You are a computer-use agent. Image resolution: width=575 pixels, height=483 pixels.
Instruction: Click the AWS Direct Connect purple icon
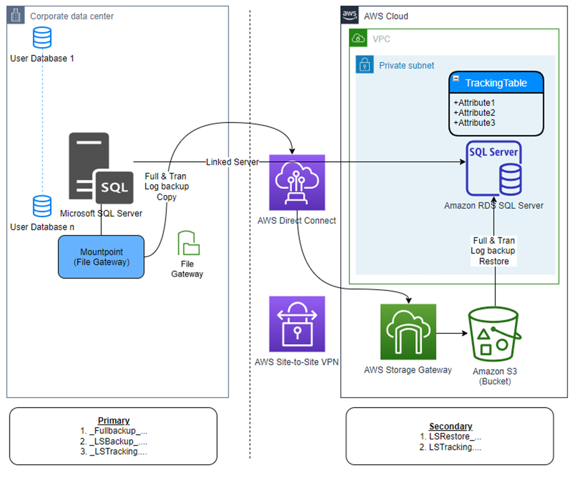297,183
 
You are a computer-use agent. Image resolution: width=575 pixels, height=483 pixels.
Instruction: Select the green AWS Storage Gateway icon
408,332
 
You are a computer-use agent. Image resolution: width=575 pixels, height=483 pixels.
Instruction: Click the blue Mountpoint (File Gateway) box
101,257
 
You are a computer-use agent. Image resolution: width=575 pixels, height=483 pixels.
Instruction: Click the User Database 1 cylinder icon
42,38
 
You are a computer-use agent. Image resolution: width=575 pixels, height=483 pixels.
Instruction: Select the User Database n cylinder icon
42,207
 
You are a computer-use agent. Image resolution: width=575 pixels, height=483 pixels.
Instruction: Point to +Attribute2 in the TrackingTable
474,113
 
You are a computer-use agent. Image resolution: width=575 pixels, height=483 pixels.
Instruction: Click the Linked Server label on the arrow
232,162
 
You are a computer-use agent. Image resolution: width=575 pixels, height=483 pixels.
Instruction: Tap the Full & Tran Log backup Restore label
494,250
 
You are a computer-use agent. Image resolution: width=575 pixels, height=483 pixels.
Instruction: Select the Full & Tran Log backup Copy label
166,186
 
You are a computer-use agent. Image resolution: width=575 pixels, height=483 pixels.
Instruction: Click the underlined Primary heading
114,421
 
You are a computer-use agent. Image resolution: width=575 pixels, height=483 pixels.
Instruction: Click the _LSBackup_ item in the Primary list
114,441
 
